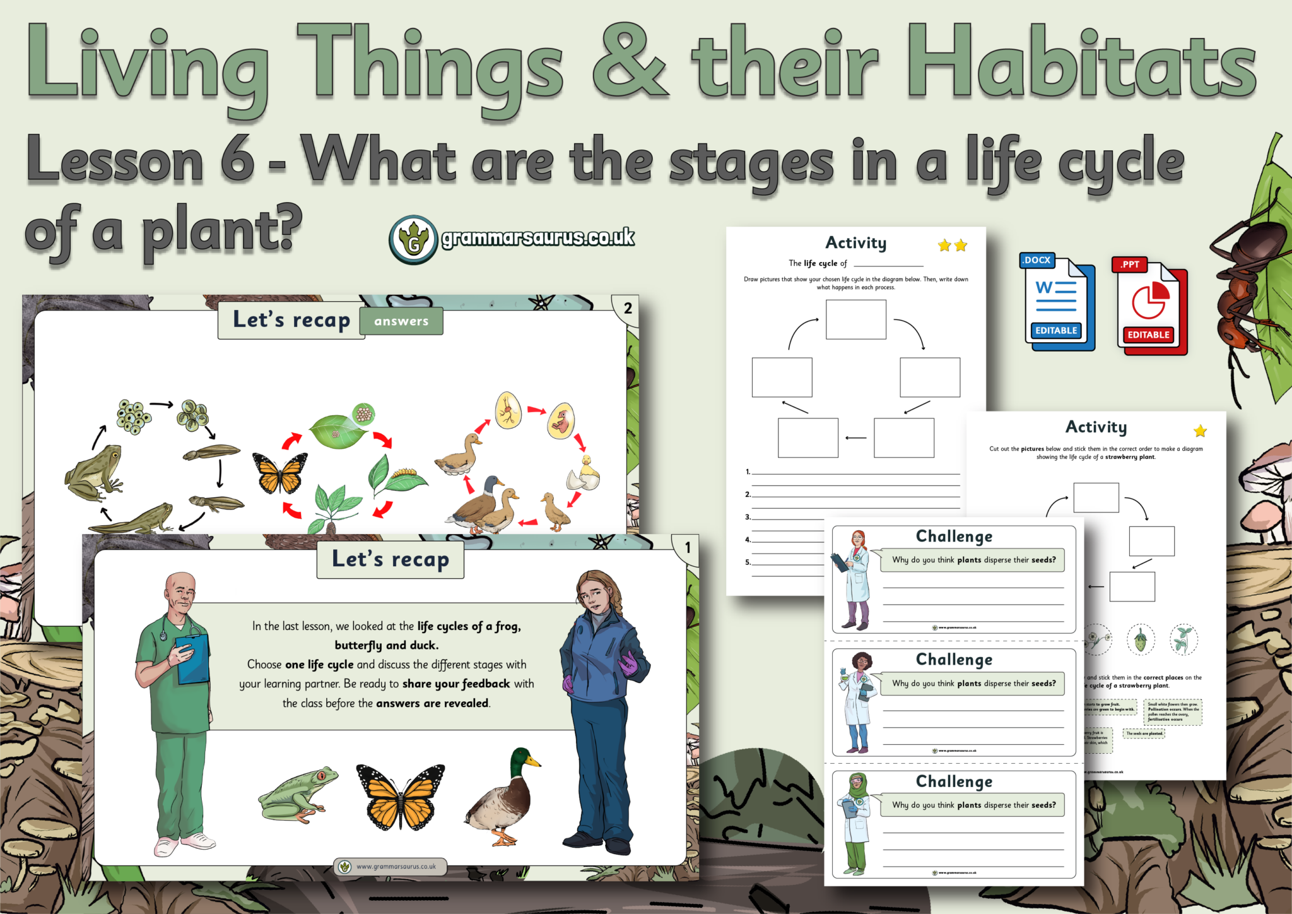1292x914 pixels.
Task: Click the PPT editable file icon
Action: pyautogui.click(x=1149, y=307)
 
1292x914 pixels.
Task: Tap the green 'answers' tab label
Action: pyautogui.click(x=401, y=321)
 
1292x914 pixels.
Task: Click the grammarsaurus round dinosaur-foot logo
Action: pyautogui.click(x=413, y=240)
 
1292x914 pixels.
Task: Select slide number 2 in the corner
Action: pyautogui.click(x=628, y=308)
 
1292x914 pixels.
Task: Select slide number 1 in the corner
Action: pyautogui.click(x=688, y=547)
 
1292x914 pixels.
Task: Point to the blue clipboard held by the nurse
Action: pyautogui.click(x=192, y=659)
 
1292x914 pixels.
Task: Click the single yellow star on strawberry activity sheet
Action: pyautogui.click(x=1200, y=431)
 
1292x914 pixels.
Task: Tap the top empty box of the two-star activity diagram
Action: pyautogui.click(x=855, y=319)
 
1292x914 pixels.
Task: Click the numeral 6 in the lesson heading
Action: pyautogui.click(x=237, y=159)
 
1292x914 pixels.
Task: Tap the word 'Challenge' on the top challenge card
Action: pyautogui.click(x=954, y=537)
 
